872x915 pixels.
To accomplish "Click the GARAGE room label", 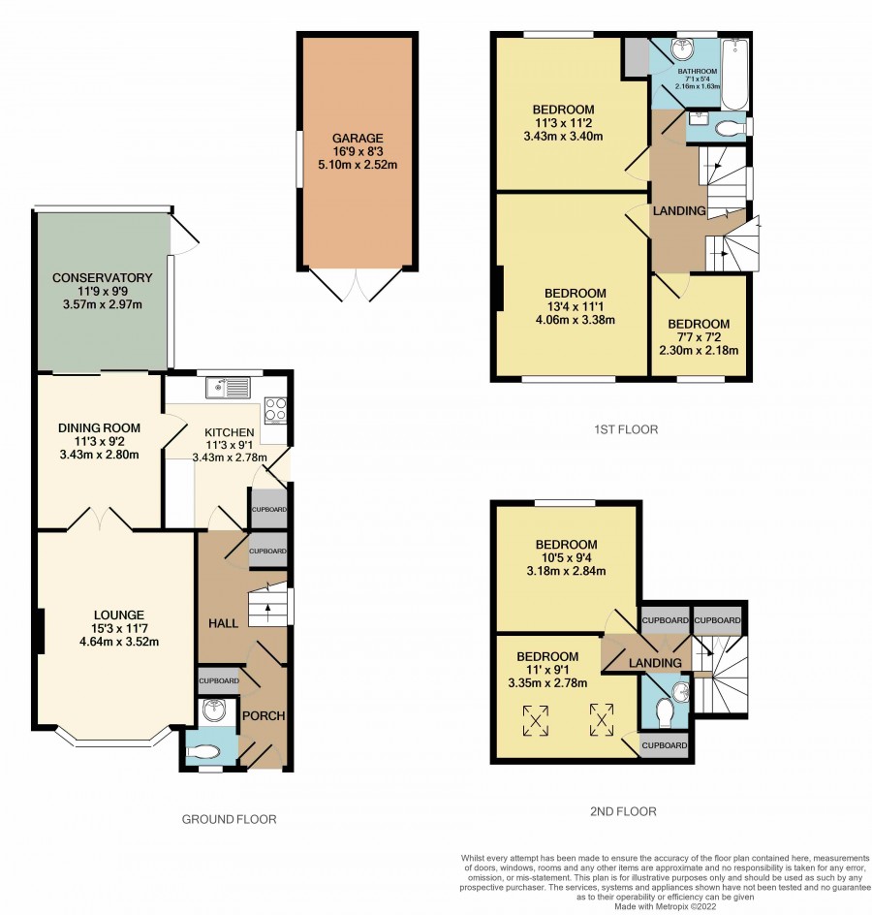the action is coord(358,139).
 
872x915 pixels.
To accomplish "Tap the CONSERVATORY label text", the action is coord(103,278).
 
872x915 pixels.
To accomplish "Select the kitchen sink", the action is coord(228,388).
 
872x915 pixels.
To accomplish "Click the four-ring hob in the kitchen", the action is coord(275,409).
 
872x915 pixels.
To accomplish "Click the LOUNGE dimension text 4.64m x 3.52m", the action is coord(119,642).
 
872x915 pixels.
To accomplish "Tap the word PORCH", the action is coord(264,716).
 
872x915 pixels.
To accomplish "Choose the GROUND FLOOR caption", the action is coord(230,819).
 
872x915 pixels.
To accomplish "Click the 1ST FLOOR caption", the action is coord(626,429).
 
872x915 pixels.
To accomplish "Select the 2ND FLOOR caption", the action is coord(624,811).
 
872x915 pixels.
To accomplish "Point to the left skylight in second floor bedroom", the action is coord(536,720).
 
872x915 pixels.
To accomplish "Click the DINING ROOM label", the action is coord(99,427).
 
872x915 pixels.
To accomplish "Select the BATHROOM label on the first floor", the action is coord(698,71).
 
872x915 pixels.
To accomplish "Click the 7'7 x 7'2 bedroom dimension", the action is coord(699,337).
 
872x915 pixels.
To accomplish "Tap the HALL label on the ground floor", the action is coord(224,623).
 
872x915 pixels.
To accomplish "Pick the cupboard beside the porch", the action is coord(219,681).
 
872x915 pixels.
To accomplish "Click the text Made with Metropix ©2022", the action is coord(665,907).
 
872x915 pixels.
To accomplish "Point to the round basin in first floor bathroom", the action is coord(681,49).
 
